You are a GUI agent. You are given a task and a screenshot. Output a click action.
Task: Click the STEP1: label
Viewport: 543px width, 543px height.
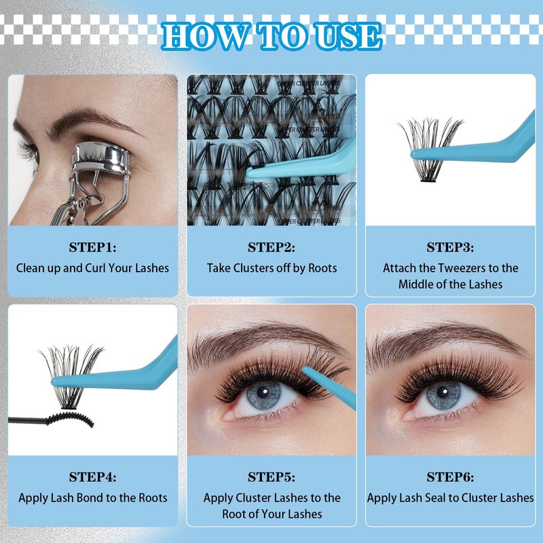[x=92, y=247]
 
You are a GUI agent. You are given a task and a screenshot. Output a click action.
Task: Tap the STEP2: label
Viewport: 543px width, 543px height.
[x=271, y=247]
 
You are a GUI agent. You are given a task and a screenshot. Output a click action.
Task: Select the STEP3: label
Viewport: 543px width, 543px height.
[x=450, y=247]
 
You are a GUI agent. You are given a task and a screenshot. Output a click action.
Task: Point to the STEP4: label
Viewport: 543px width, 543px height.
[x=92, y=477]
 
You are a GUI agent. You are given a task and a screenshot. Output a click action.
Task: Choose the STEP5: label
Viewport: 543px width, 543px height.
[x=271, y=477]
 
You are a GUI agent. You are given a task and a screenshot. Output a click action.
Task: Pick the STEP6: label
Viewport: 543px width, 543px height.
[x=450, y=477]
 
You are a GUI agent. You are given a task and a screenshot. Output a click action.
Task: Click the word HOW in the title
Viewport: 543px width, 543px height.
[x=206, y=36]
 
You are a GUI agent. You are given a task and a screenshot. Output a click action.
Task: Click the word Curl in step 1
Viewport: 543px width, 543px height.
[x=95, y=268]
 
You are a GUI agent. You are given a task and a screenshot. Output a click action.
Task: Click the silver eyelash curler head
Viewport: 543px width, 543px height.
[x=100, y=157]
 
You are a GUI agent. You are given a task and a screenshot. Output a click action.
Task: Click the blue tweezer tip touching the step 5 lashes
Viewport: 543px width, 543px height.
[x=305, y=370]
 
